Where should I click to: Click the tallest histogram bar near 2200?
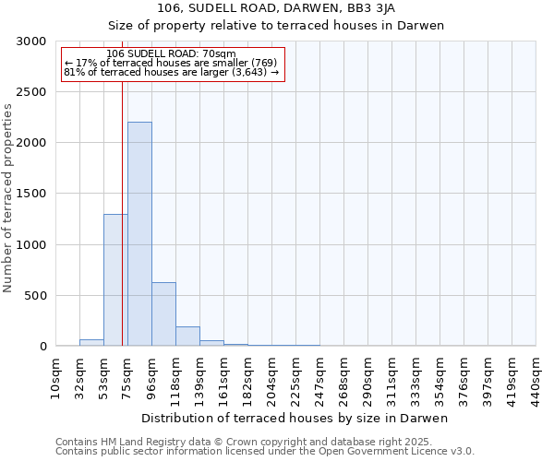click(139, 234)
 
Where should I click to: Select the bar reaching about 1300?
click(115, 280)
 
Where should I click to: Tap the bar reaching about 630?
click(163, 314)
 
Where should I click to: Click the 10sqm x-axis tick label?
click(55, 377)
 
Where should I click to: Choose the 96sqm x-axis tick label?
click(151, 377)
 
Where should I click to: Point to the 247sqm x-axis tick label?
click(319, 377)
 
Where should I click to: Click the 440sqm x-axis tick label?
click(536, 377)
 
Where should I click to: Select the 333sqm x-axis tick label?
click(415, 377)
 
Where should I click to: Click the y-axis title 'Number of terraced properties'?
click(8, 198)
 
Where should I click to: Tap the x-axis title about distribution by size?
click(295, 418)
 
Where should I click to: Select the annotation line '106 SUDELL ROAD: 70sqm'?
click(171, 53)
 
